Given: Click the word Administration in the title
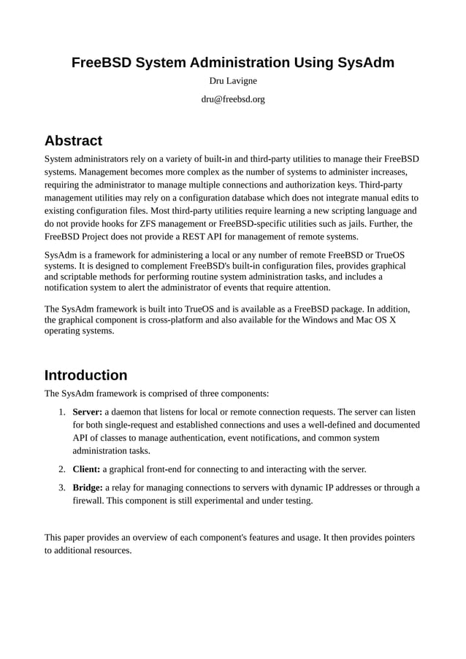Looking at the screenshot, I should pyautogui.click(x=235, y=63).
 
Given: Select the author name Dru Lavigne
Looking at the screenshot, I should pyautogui.click(x=233, y=80).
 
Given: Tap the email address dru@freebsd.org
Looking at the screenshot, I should pyautogui.click(x=233, y=99).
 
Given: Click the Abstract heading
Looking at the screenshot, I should pyautogui.click(x=73, y=140).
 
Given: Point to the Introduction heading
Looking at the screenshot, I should pyautogui.click(x=85, y=375).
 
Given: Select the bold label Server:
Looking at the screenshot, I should pyautogui.click(x=87, y=411).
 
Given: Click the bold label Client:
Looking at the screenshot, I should pyautogui.click(x=86, y=469).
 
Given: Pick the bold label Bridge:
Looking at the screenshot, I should pyautogui.click(x=88, y=487).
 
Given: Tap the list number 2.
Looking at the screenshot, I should pyautogui.click(x=63, y=469).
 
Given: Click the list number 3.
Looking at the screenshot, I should pyautogui.click(x=63, y=487).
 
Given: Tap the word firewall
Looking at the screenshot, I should pyautogui.click(x=90, y=501).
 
